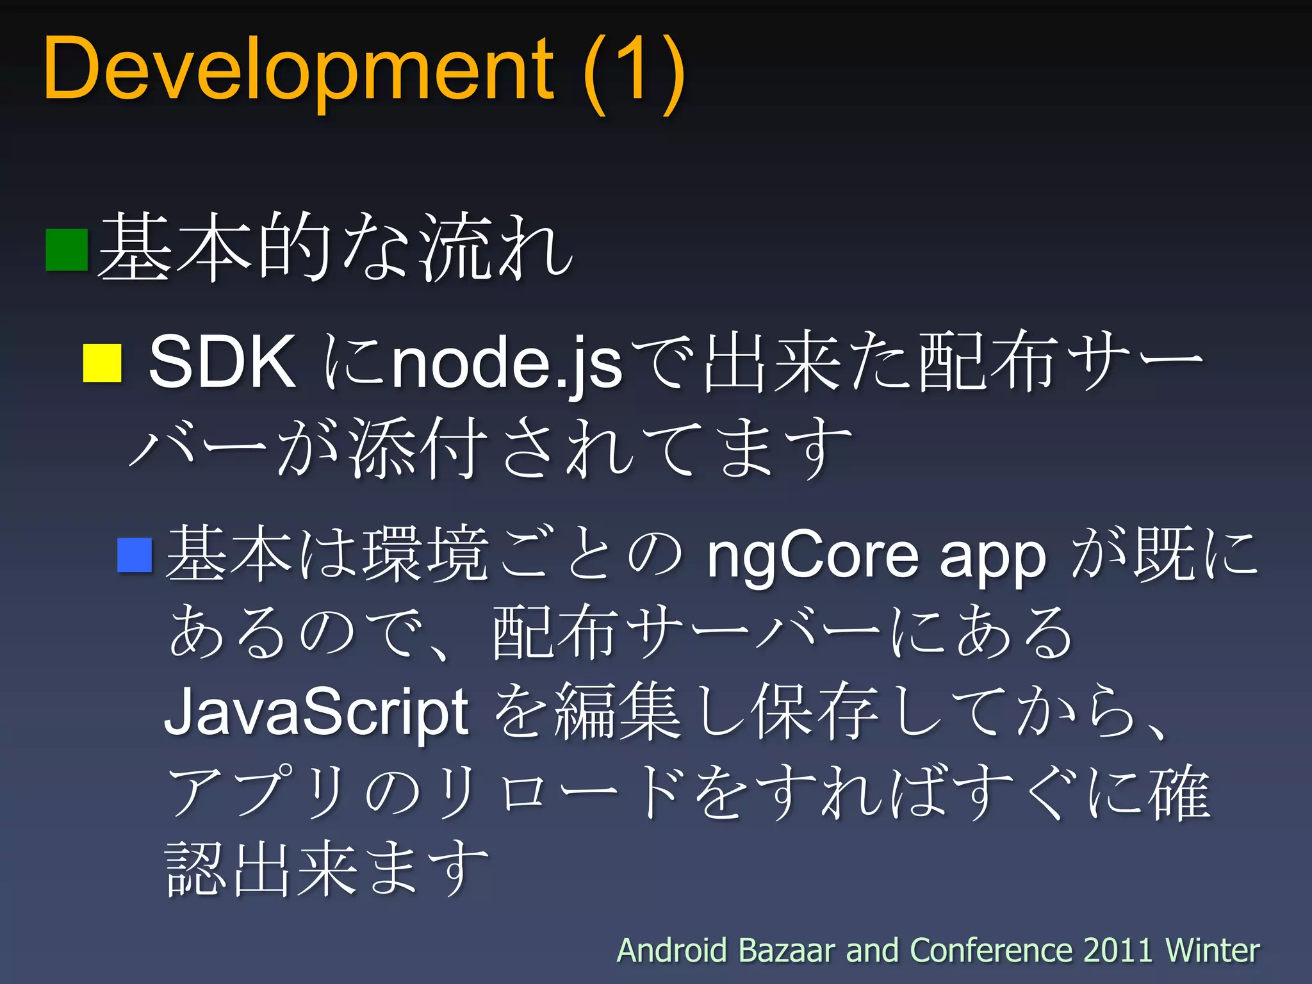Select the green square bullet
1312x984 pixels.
coord(67,250)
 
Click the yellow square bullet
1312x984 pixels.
coord(102,363)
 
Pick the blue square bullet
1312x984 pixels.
coord(135,555)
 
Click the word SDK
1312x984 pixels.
coord(222,362)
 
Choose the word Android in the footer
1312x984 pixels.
coord(671,950)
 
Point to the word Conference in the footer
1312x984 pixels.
coord(990,950)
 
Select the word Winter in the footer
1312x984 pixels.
coord(1212,950)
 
